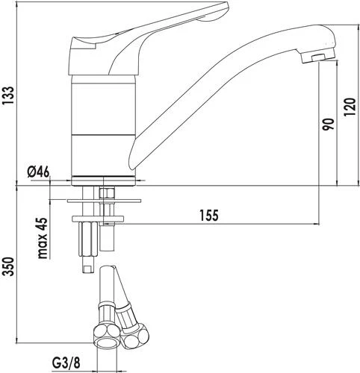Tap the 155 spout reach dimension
click(208, 216)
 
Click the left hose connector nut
click(106, 337)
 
